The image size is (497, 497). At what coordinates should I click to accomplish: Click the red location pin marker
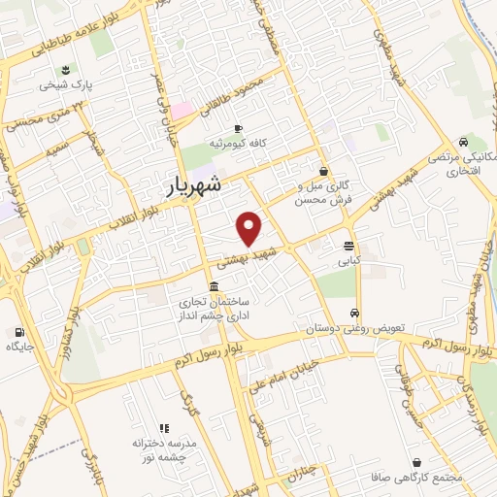(250, 227)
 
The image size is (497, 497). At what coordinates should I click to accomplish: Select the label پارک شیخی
(66, 84)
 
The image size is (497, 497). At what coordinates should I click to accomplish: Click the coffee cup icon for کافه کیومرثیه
(238, 128)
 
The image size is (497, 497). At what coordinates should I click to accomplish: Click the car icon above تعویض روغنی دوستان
(355, 313)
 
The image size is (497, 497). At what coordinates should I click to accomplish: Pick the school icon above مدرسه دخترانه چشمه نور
(164, 427)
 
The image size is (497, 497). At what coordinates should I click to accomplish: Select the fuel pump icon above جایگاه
(20, 332)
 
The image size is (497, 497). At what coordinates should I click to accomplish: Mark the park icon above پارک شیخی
(65, 68)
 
